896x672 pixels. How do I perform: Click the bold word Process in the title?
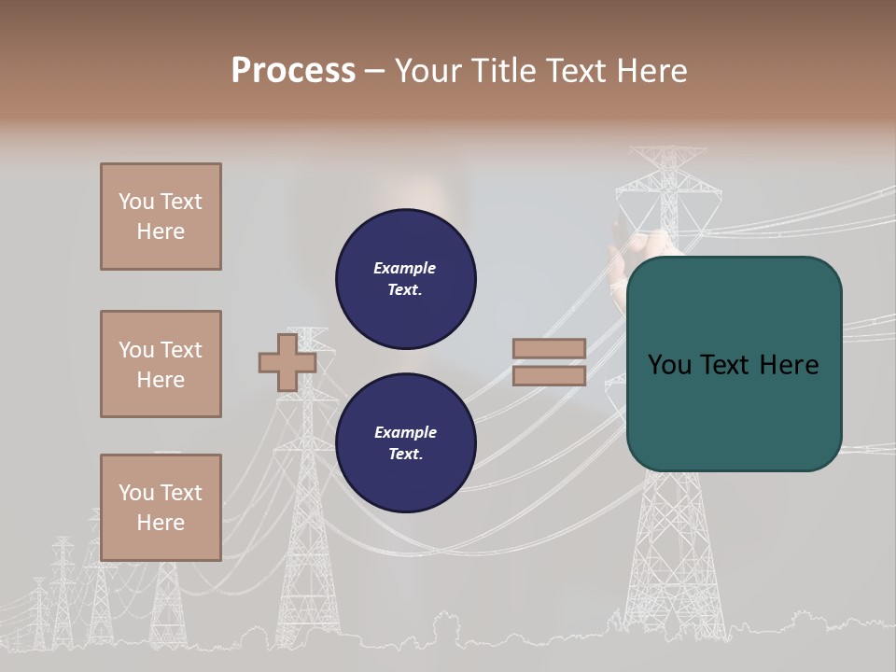pos(293,70)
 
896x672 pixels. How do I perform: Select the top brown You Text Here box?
pos(161,217)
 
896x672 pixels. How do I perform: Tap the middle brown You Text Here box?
pos(161,364)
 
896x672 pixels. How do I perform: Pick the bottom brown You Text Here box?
pos(161,508)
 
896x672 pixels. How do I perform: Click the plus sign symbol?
pos(287,362)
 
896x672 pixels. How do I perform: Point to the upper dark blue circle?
pos(406,279)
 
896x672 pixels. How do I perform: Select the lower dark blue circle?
pos(406,443)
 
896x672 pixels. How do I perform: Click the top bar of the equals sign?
pos(549,349)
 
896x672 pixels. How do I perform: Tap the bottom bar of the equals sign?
pos(549,375)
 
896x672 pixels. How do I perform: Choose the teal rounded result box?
pos(735,364)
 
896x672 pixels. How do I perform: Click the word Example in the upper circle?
pos(404,268)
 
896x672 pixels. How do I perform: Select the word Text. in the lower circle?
pos(405,455)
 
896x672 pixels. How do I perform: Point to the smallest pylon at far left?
pos(39,611)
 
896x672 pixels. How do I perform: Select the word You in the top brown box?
pos(135,202)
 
